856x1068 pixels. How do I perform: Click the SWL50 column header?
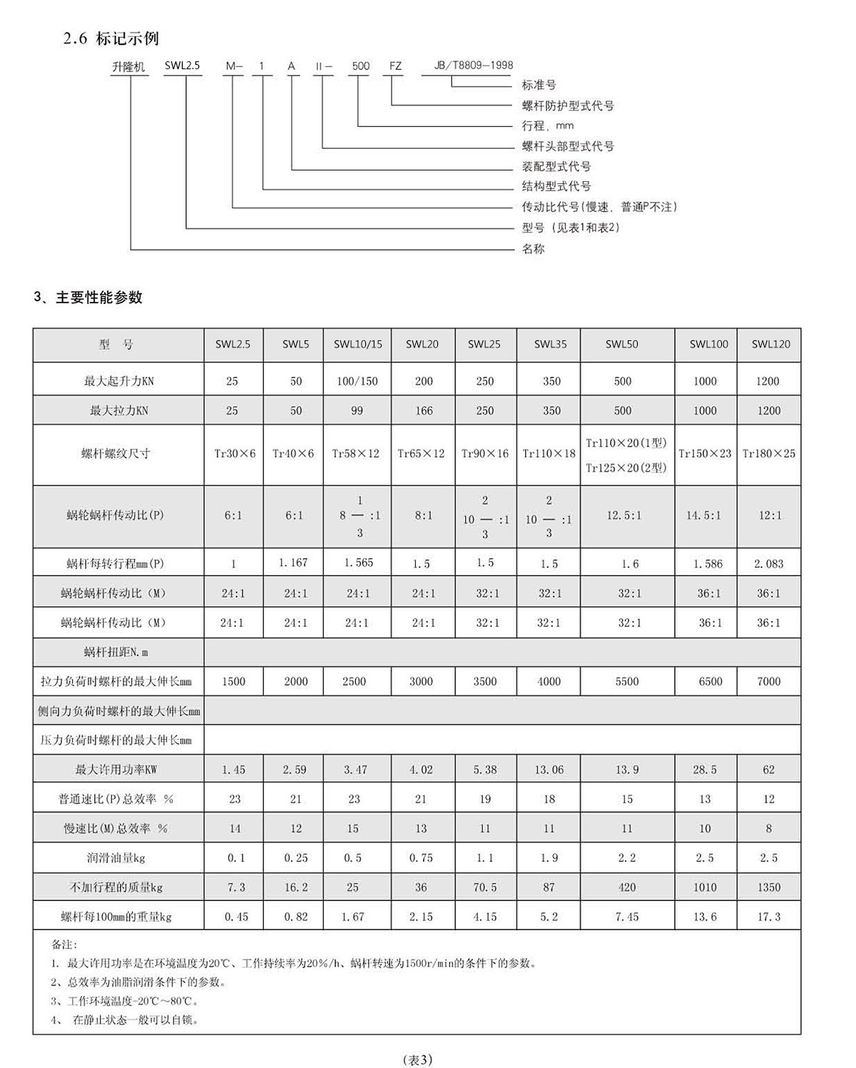621,345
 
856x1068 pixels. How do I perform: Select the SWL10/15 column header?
357,345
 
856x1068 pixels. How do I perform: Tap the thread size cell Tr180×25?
768,454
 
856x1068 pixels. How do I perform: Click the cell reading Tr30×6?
235,454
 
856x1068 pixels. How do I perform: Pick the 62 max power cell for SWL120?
768,770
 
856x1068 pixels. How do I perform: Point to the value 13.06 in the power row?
549,770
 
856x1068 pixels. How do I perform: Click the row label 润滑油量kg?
118,858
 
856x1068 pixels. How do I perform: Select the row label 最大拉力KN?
118,411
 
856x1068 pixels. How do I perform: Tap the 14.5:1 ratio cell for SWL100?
703,515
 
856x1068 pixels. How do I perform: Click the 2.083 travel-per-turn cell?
768,564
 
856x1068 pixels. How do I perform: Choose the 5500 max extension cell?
627,682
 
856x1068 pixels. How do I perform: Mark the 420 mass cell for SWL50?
627,888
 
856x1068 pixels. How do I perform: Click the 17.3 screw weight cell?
768,917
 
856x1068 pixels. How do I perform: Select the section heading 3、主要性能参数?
88,297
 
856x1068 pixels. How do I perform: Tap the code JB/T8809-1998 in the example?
474,66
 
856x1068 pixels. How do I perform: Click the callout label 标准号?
539,86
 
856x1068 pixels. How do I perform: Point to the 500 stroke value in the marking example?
361,66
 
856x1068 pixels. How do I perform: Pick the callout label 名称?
534,249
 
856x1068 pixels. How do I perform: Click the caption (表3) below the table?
417,1059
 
